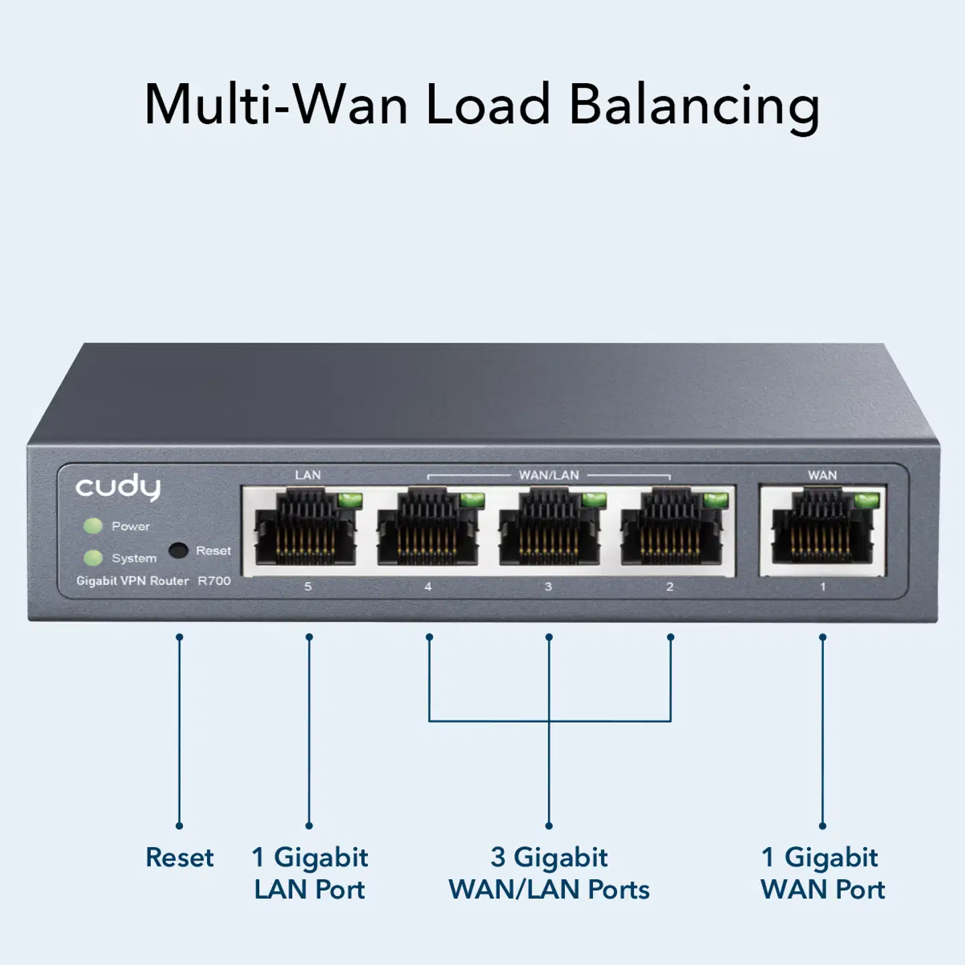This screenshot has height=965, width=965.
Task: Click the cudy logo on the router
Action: pyautogui.click(x=118, y=487)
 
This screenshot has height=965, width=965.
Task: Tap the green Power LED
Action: pyautogui.click(x=92, y=526)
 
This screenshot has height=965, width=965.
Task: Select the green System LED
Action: pyautogui.click(x=92, y=558)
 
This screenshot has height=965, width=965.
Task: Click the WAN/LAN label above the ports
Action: pyautogui.click(x=549, y=475)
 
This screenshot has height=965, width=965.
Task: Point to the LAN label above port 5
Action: pyautogui.click(x=308, y=475)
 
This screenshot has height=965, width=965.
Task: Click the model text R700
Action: pyautogui.click(x=214, y=581)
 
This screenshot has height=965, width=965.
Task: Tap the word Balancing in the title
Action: pyautogui.click(x=694, y=106)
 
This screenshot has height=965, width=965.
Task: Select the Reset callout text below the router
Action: pyautogui.click(x=180, y=858)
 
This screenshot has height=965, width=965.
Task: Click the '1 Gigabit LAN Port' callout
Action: pyautogui.click(x=310, y=873)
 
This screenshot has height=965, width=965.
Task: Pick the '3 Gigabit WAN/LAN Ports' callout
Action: pyautogui.click(x=549, y=873)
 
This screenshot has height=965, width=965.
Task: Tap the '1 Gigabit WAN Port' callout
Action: pyautogui.click(x=822, y=873)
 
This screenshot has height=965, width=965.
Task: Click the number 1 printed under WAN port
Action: pyautogui.click(x=823, y=587)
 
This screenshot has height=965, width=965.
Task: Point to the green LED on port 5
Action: pyautogui.click(x=350, y=500)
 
